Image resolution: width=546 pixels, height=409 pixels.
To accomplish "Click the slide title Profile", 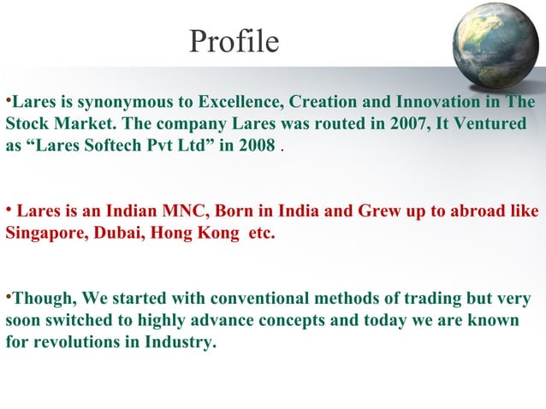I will [234, 41].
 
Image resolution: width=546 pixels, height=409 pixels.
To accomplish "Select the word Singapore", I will [44, 233].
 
